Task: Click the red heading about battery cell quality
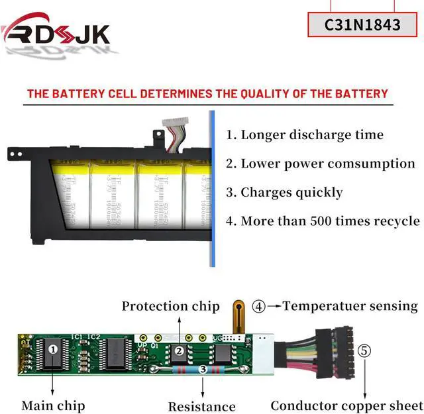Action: point(207,93)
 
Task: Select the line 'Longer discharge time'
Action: point(305,134)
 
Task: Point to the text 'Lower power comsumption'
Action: point(321,163)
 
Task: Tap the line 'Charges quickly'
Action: point(284,192)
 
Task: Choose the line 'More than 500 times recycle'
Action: point(323,221)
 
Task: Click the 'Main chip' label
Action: point(53,405)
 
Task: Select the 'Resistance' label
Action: point(201,406)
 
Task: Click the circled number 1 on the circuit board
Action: point(54,346)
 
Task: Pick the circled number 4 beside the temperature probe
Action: point(259,306)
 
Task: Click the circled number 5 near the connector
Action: point(364,351)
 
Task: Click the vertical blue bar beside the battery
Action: point(212,189)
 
